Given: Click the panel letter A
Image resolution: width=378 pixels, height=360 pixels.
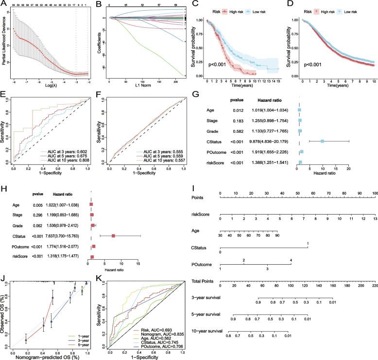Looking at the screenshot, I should click(x=3, y=4).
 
